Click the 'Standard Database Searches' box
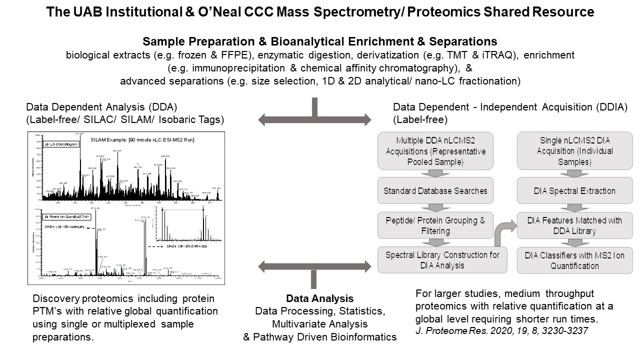[435, 190]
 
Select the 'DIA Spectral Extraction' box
[574, 190]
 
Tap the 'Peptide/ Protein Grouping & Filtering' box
[435, 225]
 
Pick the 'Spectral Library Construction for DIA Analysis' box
[435, 260]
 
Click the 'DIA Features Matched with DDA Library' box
[574, 225]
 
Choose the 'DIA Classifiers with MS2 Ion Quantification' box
[574, 260]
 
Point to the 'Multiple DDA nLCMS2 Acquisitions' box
[435, 150]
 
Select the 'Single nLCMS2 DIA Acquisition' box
[574, 150]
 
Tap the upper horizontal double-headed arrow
[315, 119]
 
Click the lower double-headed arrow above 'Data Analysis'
[315, 266]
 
